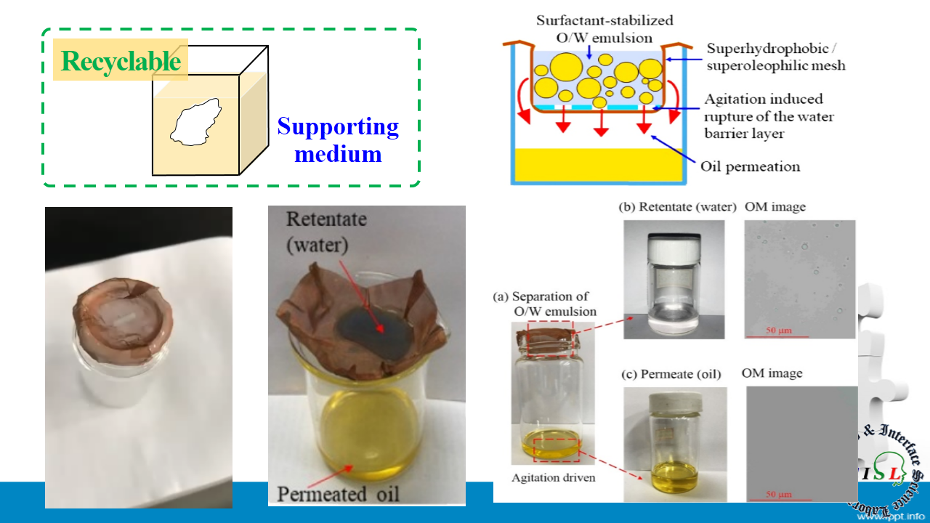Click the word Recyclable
pos(121,61)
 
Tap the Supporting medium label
pos(338,140)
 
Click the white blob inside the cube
pos(195,122)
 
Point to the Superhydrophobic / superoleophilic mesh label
pos(775,57)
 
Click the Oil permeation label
pos(750,166)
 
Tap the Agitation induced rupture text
pos(769,116)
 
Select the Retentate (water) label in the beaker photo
pos(326,232)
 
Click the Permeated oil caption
pos(338,494)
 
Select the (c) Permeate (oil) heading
pos(671,375)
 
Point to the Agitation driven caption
pos(554,478)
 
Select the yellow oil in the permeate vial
pos(675,477)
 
